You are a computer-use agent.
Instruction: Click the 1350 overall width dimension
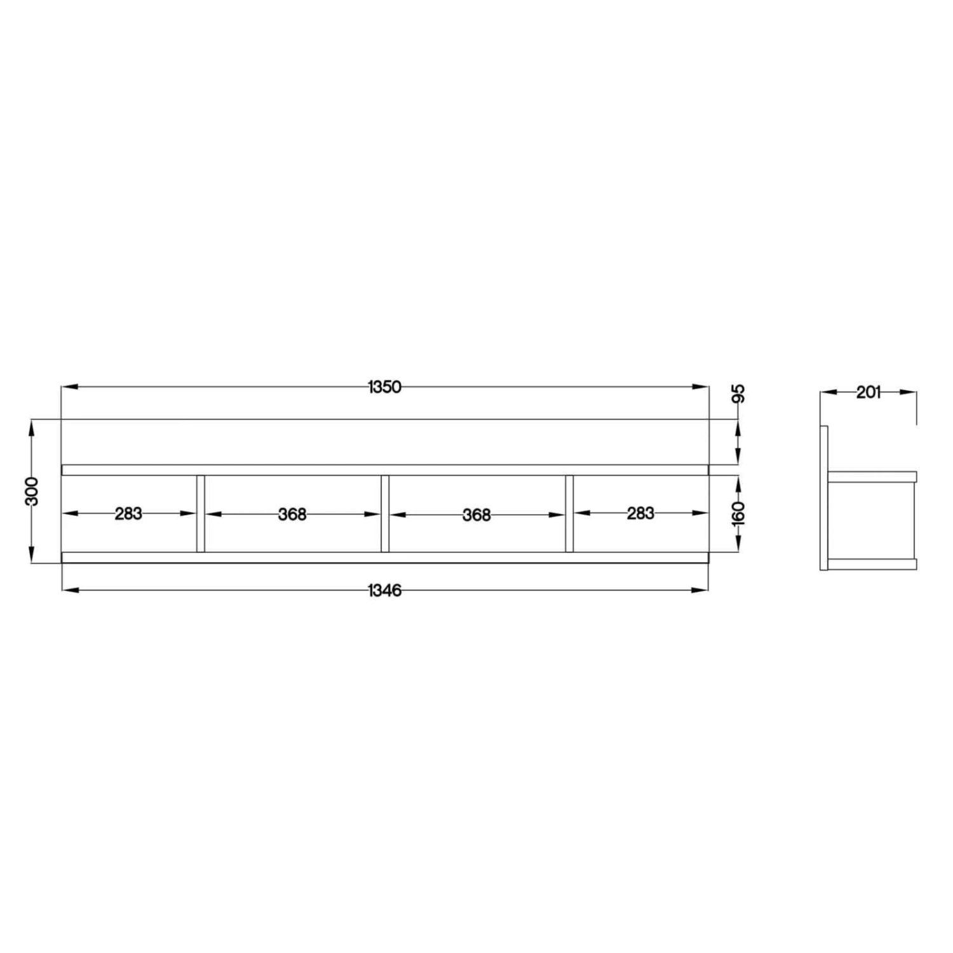point(385,387)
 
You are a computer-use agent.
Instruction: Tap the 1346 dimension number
point(385,591)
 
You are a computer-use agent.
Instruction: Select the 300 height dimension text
point(32,491)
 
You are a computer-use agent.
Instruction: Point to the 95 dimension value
point(738,394)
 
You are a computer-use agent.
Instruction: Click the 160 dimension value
point(738,513)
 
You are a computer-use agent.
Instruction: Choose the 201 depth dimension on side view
point(868,393)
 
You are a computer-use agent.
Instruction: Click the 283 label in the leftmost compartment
point(128,513)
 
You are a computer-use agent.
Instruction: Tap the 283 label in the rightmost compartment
point(640,513)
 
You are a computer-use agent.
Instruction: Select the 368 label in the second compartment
point(292,514)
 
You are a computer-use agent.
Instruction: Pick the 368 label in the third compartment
point(476,515)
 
